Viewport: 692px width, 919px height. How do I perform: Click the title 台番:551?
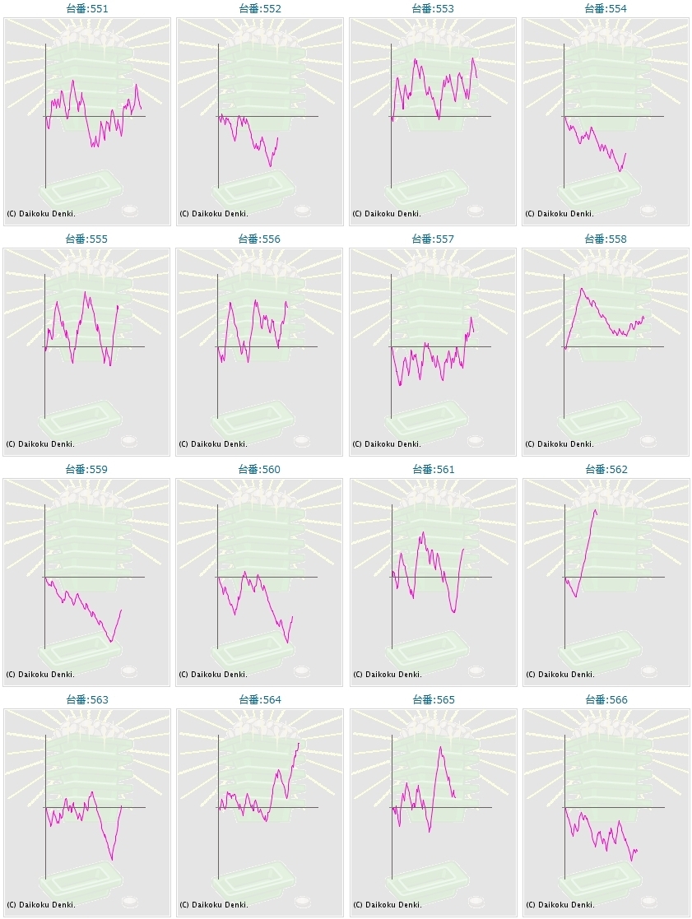[86, 8]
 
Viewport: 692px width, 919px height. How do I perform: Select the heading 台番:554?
[606, 8]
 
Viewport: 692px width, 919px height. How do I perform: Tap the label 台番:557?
[433, 239]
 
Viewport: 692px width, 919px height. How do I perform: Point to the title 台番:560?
[259, 469]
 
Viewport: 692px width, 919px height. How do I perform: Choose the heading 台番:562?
[606, 469]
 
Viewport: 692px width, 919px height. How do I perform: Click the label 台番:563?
[86, 699]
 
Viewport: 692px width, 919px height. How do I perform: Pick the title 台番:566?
[606, 699]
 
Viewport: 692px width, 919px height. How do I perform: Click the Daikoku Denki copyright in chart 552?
[213, 214]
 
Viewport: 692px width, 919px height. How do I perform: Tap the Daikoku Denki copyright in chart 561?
[387, 675]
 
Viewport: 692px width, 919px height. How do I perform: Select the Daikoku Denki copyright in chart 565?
[387, 905]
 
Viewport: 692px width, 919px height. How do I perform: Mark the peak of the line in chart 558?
[581, 288]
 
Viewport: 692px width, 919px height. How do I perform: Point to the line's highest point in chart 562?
[595, 510]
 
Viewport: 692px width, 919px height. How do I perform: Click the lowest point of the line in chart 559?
[111, 642]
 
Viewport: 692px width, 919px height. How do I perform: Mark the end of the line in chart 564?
[299, 743]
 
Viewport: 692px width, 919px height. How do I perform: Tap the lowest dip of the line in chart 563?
[112, 860]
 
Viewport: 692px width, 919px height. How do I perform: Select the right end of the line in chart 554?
[626, 153]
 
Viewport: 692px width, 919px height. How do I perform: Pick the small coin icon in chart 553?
[475, 211]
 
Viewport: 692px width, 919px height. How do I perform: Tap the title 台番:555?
[86, 239]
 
